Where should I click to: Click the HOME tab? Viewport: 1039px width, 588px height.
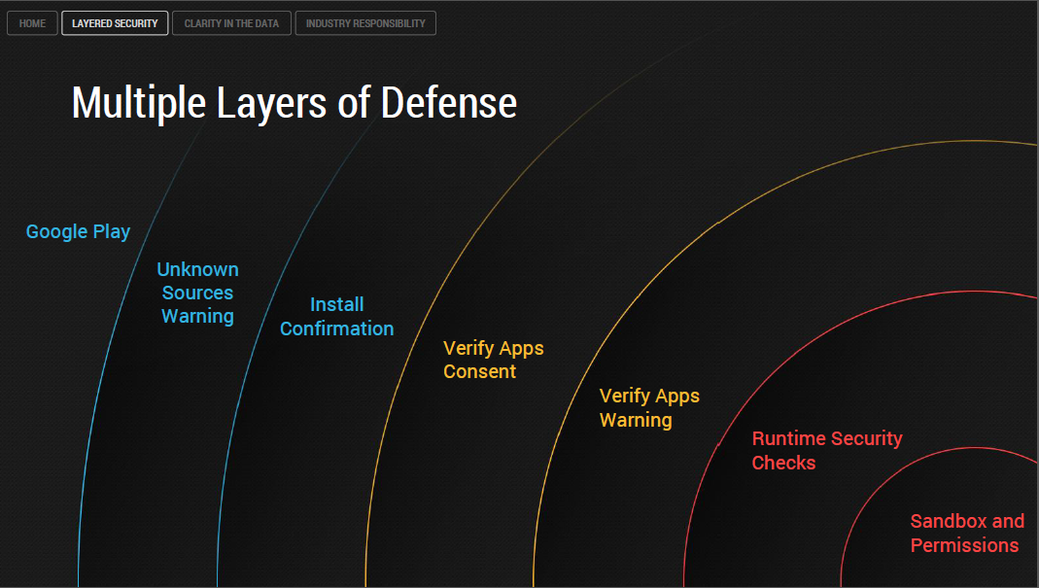pyautogui.click(x=32, y=23)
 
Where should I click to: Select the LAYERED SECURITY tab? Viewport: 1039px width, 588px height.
pyautogui.click(x=115, y=23)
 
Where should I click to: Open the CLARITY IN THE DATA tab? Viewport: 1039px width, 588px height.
pyautogui.click(x=231, y=23)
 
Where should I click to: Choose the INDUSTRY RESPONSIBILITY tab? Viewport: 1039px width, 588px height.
pyautogui.click(x=365, y=23)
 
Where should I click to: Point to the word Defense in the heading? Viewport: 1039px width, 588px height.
pyautogui.click(x=448, y=103)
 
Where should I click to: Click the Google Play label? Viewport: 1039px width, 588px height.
pyautogui.click(x=78, y=231)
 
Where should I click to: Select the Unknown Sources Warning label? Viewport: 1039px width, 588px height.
pyautogui.click(x=197, y=293)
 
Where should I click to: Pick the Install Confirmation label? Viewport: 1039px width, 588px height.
pyautogui.click(x=336, y=317)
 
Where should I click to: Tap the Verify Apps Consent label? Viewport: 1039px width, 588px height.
pyautogui.click(x=493, y=360)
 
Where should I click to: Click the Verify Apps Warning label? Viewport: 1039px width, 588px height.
pyautogui.click(x=649, y=408)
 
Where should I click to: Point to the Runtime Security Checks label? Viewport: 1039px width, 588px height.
pyautogui.click(x=826, y=451)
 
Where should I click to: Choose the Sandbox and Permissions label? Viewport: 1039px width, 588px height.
pyautogui.click(x=966, y=534)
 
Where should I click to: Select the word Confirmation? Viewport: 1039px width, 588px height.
pyautogui.click(x=336, y=329)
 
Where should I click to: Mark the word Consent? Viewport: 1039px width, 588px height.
pyautogui.click(x=479, y=371)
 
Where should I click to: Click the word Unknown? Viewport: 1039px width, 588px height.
pyautogui.click(x=197, y=269)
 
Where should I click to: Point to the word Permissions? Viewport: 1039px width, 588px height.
pyautogui.click(x=964, y=545)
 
